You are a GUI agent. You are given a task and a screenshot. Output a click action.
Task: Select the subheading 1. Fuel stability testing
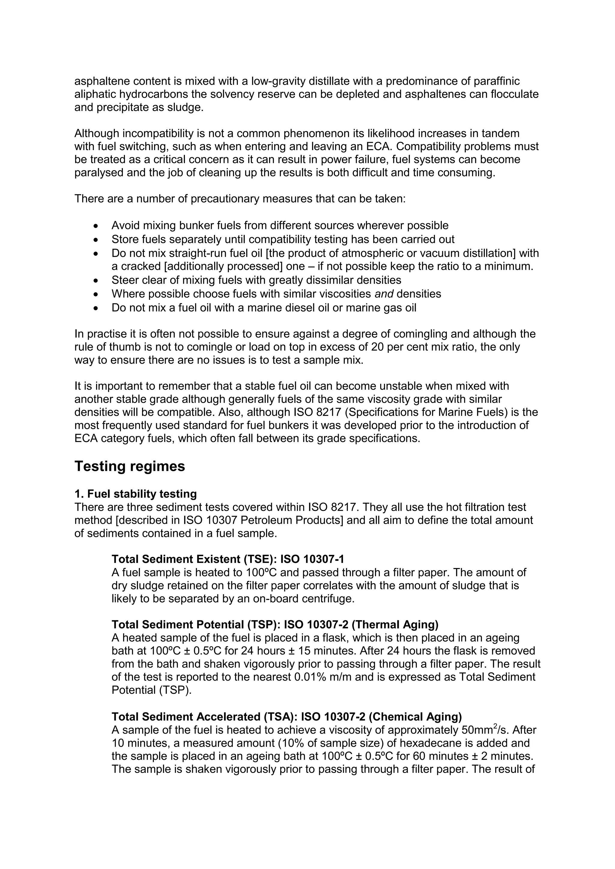[x=135, y=494]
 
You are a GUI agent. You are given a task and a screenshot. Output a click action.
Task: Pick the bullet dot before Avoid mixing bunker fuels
[x=97, y=226]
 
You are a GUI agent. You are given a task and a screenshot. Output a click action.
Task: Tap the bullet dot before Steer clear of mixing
[x=97, y=281]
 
